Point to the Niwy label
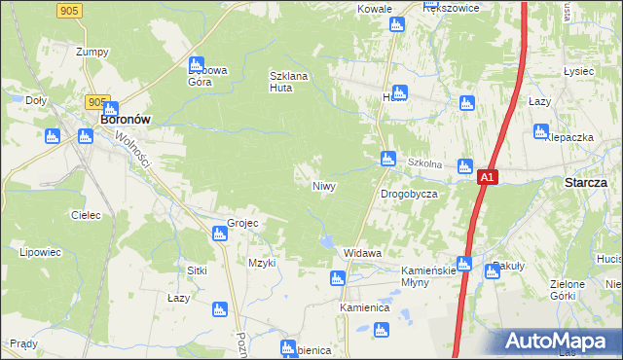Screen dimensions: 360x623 324,185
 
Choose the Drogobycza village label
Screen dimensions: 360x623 408,194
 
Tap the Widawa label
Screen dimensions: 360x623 362,253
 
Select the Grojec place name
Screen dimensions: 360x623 242,223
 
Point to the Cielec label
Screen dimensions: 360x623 86,215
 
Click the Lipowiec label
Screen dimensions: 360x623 40,252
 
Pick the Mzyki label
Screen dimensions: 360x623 262,263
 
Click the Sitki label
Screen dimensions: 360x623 199,270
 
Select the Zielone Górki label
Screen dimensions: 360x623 594,290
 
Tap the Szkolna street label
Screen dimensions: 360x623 425,163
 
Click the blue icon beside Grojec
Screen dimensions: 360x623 220,234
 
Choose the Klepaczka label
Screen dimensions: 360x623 569,138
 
